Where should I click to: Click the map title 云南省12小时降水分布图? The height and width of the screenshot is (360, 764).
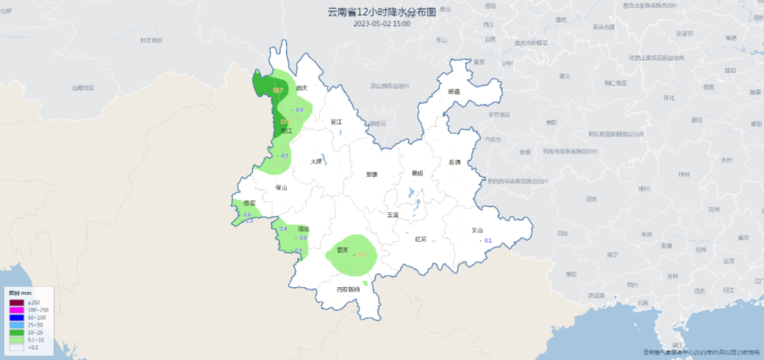pyautogui.click(x=382, y=11)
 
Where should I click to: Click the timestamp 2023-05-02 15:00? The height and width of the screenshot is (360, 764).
pyautogui.click(x=382, y=23)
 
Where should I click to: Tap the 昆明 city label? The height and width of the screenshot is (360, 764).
pyautogui.click(x=417, y=173)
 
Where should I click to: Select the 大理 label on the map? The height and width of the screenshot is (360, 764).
pyautogui.click(x=316, y=161)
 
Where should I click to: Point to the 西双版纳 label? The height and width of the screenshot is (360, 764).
pyautogui.click(x=348, y=289)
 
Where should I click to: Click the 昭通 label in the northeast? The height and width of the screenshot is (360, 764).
pyautogui.click(x=453, y=92)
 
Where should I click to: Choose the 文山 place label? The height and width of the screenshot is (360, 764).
pyautogui.click(x=477, y=230)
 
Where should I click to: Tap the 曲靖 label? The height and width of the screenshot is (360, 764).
pyautogui.click(x=454, y=162)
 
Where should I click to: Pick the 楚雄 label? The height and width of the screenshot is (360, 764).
pyautogui.click(x=371, y=174)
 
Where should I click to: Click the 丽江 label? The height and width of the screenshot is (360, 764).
pyautogui.click(x=336, y=122)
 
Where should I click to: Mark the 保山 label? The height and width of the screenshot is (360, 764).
pyautogui.click(x=281, y=188)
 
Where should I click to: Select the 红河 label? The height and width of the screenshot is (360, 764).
pyautogui.click(x=421, y=239)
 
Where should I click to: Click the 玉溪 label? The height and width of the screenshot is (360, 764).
pyautogui.click(x=393, y=214)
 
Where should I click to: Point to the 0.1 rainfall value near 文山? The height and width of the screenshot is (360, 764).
pyautogui.click(x=487, y=240)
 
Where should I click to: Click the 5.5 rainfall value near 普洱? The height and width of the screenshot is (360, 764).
pyautogui.click(x=361, y=255)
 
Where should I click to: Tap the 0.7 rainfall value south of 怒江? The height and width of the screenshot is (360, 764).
pyautogui.click(x=285, y=156)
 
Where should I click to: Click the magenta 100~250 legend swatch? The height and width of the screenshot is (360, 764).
pyautogui.click(x=16, y=310)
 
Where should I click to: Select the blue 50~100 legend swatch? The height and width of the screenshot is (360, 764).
pyautogui.click(x=16, y=318)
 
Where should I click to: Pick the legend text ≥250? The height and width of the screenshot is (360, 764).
pyautogui.click(x=33, y=303)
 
